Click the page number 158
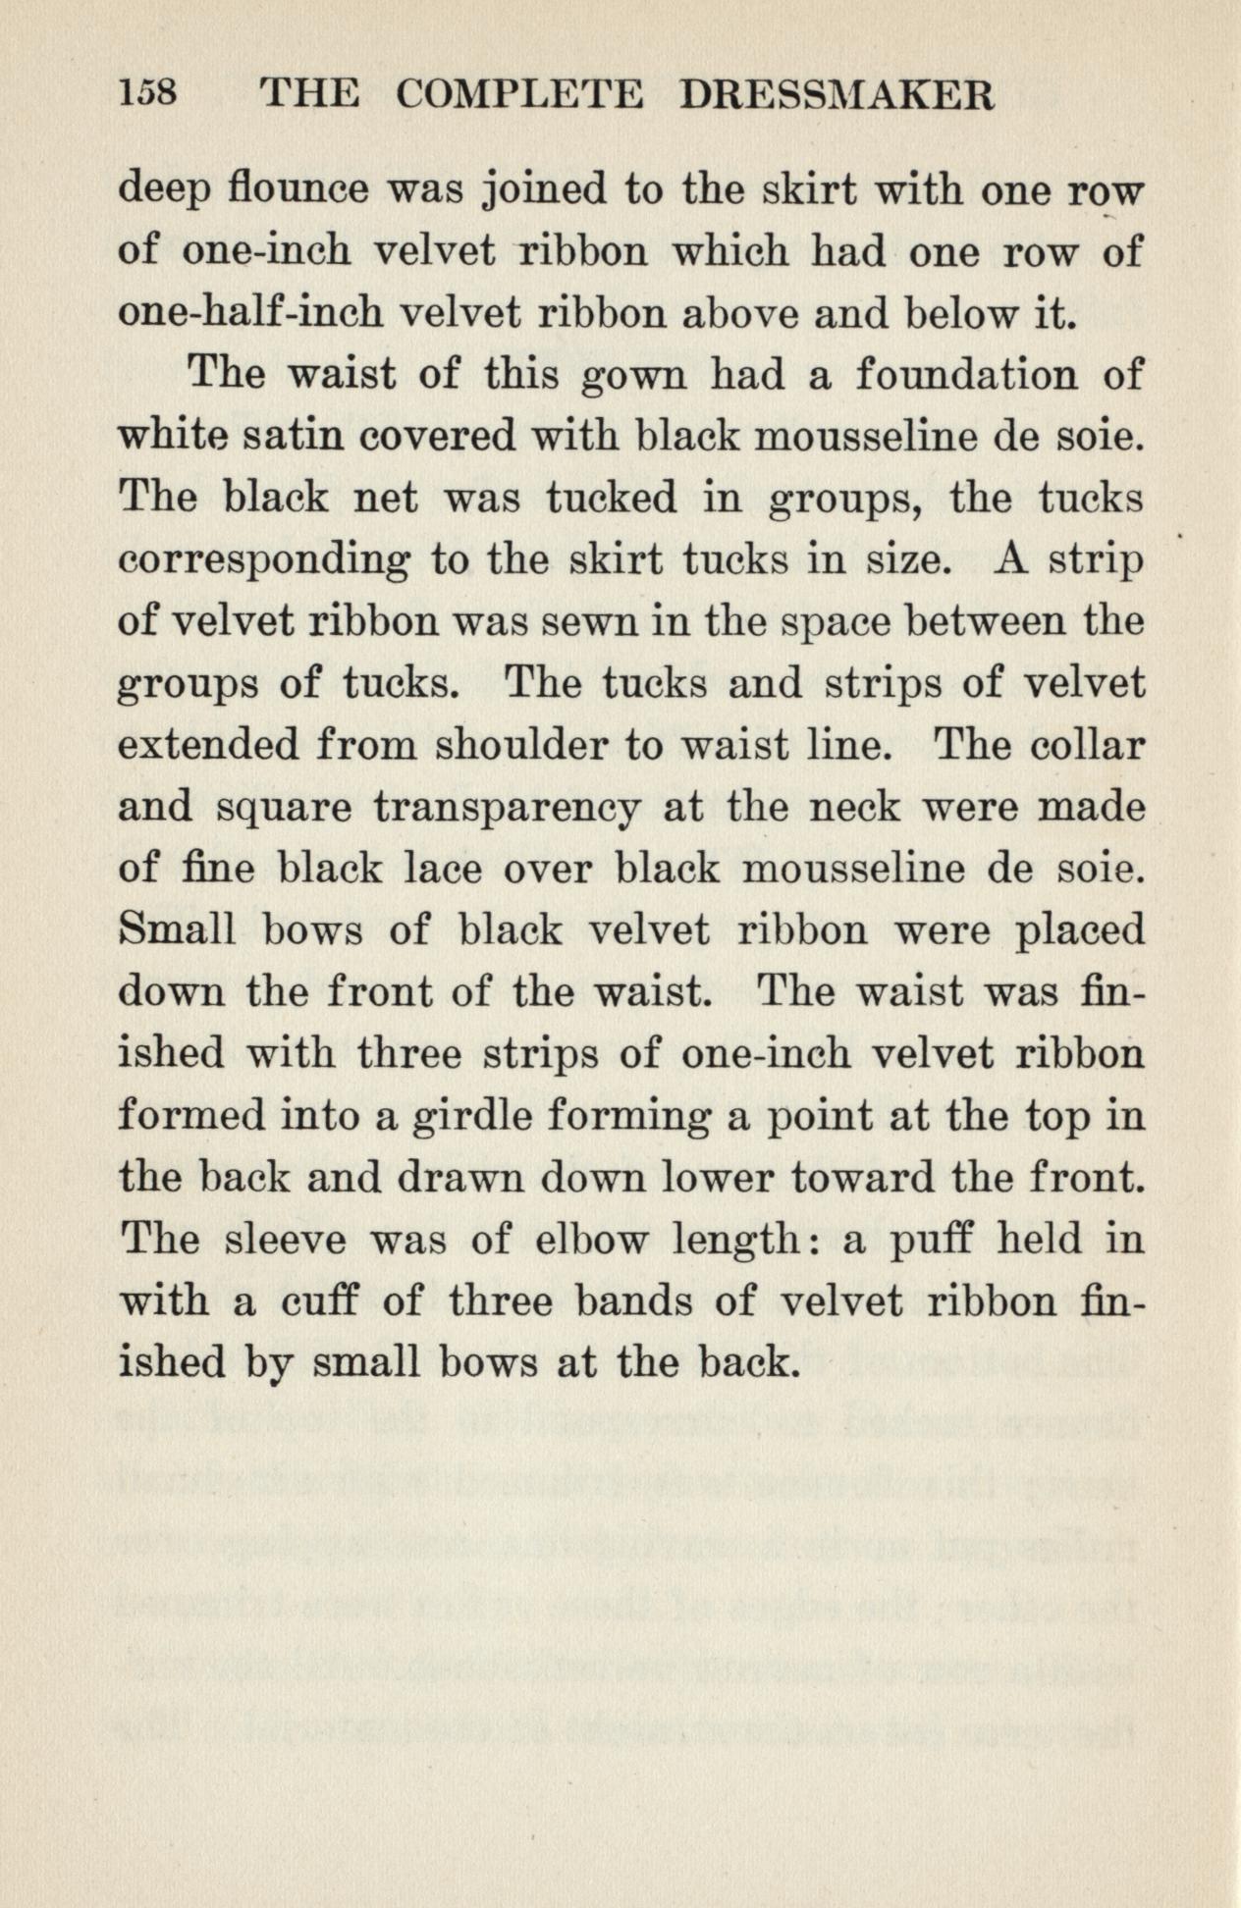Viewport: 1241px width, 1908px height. click(x=147, y=94)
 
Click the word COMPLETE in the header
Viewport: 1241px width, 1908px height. click(x=519, y=94)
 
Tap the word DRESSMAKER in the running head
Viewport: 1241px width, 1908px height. click(x=837, y=94)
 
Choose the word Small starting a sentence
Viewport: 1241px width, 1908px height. click(x=178, y=930)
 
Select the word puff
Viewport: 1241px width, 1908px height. click(x=930, y=1241)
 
